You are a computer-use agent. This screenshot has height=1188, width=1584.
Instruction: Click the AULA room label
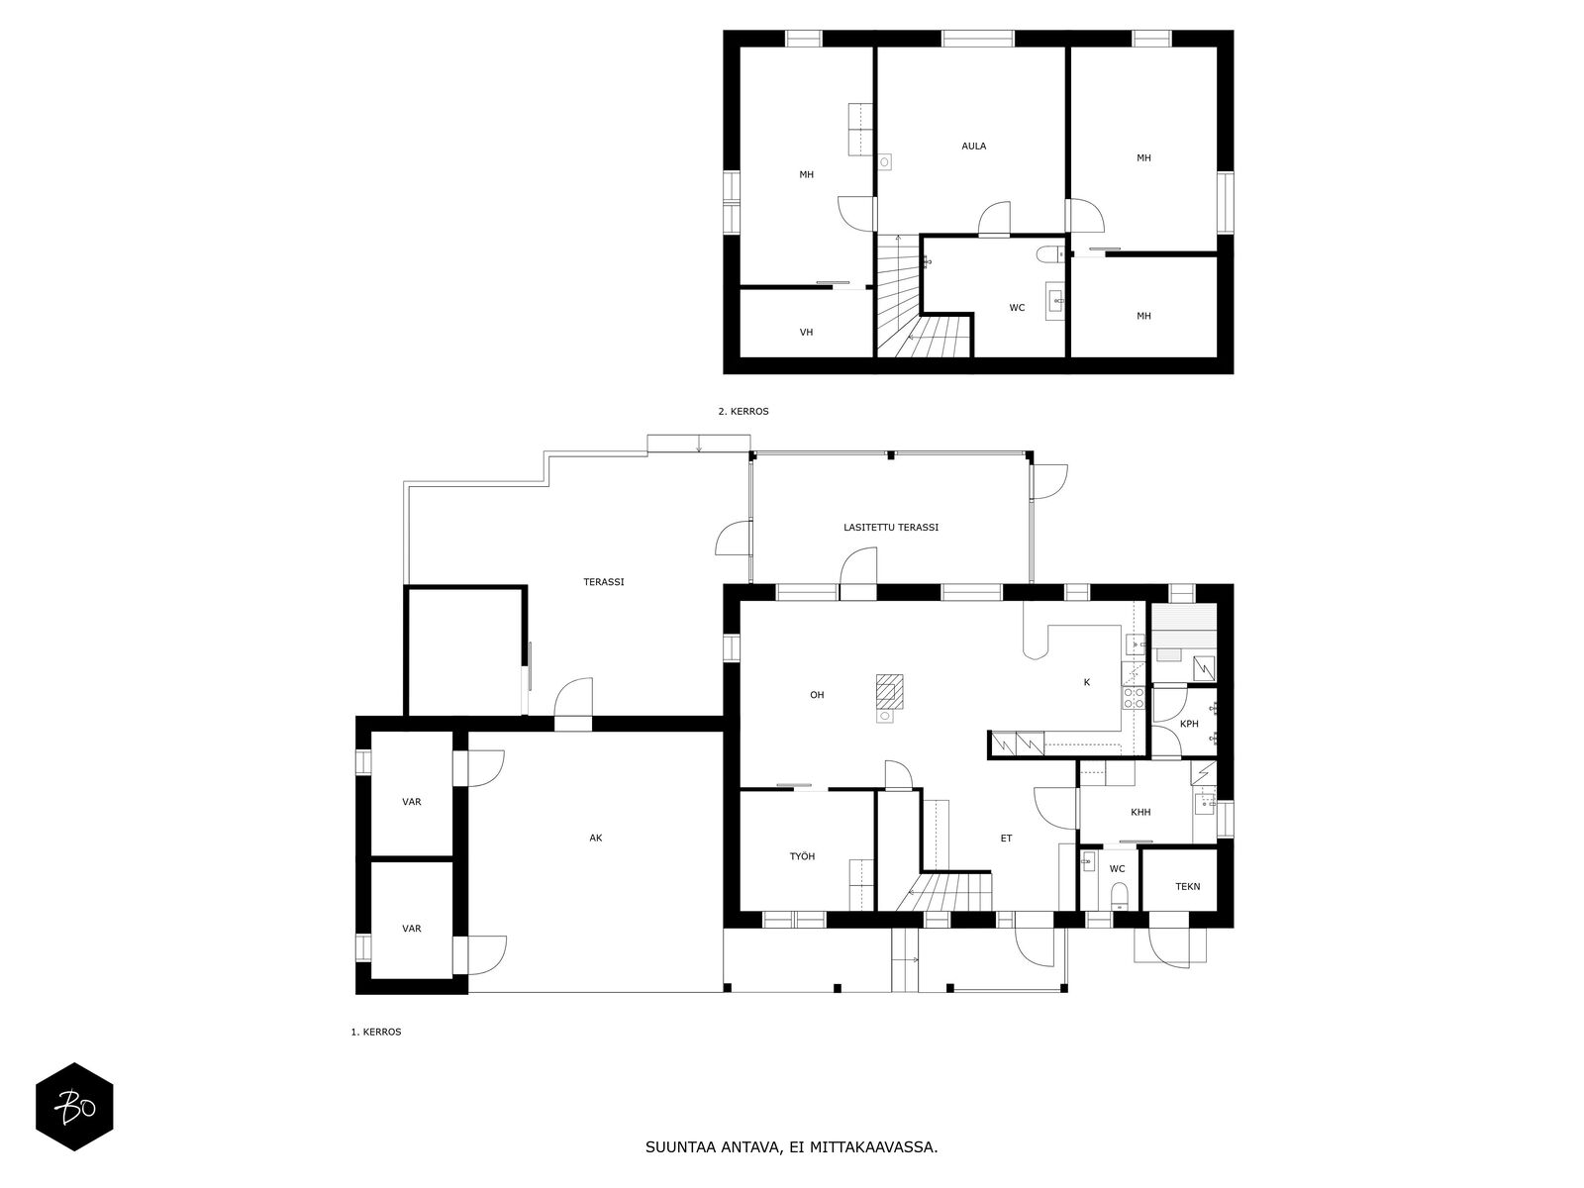[x=973, y=146]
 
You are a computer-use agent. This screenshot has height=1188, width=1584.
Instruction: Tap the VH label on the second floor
[x=806, y=333]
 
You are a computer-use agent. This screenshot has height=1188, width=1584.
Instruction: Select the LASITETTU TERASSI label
[x=890, y=528]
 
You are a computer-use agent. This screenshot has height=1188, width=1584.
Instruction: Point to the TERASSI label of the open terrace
[x=604, y=582]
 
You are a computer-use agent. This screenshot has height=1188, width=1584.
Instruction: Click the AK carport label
[x=595, y=839]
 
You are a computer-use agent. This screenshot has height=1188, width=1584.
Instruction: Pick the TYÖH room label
[x=802, y=857]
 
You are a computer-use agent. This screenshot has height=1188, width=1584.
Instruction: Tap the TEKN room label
[x=1188, y=887]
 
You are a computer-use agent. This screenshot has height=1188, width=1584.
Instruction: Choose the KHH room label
[x=1140, y=812]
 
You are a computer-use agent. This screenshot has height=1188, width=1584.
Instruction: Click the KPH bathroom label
[x=1189, y=725]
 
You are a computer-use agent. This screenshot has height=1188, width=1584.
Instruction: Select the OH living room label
[x=817, y=695]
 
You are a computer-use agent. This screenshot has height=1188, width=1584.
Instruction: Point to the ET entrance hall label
[x=1006, y=839]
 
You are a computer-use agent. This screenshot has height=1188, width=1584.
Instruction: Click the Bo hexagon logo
[x=75, y=1107]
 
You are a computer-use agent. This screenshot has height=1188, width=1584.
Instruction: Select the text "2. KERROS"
[x=743, y=412]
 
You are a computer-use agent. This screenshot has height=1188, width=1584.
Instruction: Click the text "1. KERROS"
[x=376, y=1033]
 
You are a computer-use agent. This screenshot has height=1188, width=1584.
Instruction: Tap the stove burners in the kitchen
[x=1133, y=698]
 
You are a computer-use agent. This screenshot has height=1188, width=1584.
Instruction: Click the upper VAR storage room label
[x=411, y=802]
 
